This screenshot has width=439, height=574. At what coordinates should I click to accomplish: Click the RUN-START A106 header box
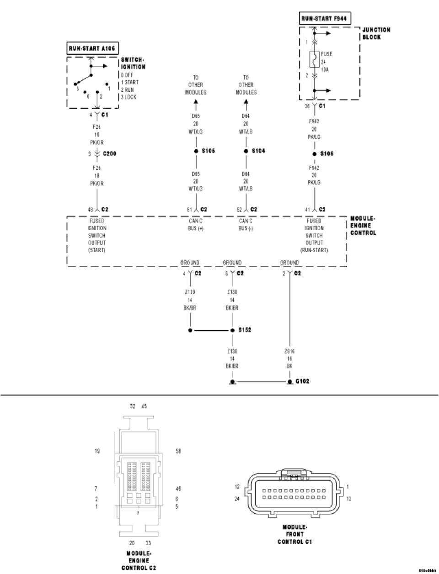[92, 48]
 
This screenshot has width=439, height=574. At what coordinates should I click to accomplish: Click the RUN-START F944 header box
[323, 19]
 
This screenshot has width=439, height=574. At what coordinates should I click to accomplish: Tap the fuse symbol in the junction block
[314, 60]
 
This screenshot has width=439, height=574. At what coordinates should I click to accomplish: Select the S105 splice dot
[196, 151]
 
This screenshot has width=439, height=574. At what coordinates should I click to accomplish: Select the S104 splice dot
[246, 151]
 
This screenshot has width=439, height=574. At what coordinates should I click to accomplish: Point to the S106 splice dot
[314, 154]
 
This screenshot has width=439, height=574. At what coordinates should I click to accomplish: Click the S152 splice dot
[232, 330]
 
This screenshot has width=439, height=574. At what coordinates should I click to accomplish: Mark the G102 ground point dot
[289, 381]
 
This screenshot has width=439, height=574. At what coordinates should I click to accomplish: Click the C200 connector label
[109, 154]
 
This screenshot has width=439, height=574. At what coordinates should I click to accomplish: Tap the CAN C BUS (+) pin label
[196, 225]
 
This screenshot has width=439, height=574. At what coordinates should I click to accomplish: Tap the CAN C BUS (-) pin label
[246, 225]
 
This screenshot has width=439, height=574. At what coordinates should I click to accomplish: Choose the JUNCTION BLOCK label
[376, 33]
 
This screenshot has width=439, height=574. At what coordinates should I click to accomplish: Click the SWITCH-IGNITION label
[133, 63]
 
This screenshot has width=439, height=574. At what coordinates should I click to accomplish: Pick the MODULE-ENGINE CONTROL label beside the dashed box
[363, 226]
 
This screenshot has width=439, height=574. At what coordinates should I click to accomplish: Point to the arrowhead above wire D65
[196, 102]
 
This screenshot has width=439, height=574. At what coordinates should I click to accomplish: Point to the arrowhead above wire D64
[246, 102]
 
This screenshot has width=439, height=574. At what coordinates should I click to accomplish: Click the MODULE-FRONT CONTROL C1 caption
[294, 534]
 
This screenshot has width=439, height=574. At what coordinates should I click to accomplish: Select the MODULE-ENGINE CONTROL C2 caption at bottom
[138, 561]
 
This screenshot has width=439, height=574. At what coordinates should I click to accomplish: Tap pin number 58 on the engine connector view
[178, 451]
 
